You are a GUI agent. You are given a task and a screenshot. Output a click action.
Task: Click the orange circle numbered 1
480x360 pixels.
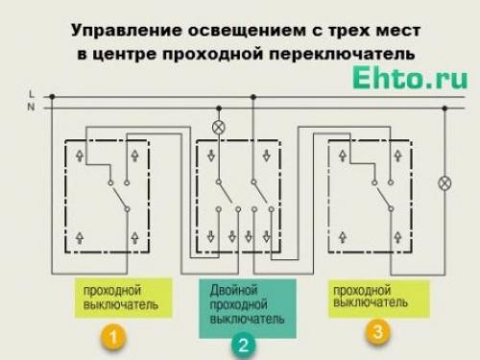tap(113, 337)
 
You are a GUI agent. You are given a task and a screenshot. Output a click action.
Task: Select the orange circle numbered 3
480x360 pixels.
tap(377, 332)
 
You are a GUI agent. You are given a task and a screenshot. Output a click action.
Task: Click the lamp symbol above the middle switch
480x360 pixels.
tap(218, 126)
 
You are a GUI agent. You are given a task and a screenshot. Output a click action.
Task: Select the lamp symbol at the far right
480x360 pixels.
tap(444, 181)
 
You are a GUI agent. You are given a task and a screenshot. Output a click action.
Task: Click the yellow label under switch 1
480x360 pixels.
tap(122, 298)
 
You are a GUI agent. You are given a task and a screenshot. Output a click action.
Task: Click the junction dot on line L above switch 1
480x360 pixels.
tap(53, 96)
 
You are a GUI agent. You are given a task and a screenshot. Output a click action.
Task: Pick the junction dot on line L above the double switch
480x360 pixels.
tap(253, 96)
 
